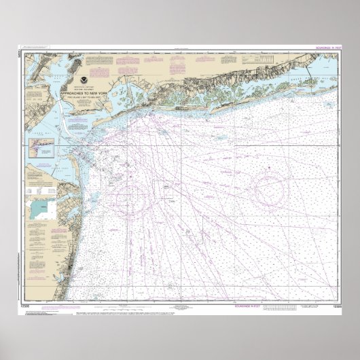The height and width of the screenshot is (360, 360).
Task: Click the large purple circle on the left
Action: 132,198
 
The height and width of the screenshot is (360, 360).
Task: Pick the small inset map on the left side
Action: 42,146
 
